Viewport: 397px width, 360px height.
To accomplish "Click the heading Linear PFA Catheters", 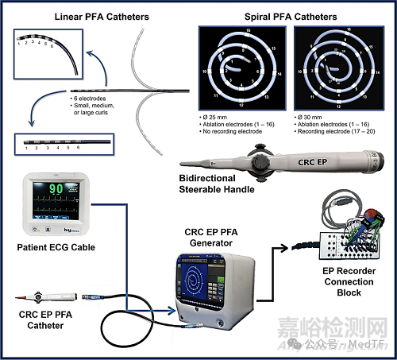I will coord(101,16).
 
